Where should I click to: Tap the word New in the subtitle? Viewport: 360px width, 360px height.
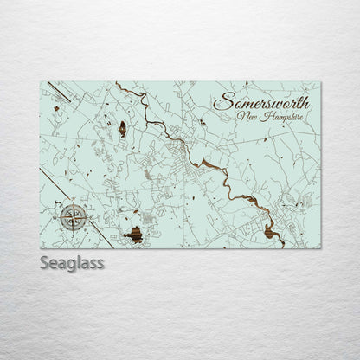tap(247, 117)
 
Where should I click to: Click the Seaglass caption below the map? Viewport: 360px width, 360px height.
tap(72, 263)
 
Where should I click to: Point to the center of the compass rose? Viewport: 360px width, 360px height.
tap(74, 216)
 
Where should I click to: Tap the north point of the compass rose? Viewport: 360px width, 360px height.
tap(74, 203)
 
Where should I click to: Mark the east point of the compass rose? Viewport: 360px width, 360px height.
tap(87, 216)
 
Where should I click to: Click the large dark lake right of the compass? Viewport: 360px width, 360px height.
tap(133, 234)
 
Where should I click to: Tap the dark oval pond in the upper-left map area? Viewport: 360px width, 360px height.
tap(122, 129)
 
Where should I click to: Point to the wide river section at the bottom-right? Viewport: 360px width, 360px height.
tap(270, 230)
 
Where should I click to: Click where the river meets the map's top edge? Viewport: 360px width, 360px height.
tap(117, 83)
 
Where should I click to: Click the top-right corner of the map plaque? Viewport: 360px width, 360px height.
tap(320, 82)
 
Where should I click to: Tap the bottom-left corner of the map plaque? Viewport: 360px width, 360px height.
tap(41, 248)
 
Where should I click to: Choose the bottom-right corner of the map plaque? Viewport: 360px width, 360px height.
tap(320, 248)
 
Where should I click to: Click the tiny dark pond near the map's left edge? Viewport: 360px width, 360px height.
tap(57, 109)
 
